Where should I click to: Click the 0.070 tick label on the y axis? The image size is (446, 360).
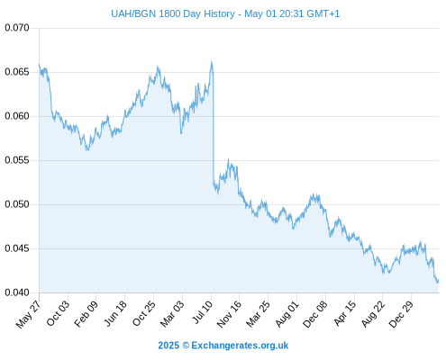[x=17, y=28]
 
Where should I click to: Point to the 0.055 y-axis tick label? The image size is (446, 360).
[x=17, y=160]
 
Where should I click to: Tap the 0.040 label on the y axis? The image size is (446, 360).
[x=17, y=292]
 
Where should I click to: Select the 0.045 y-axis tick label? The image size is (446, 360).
[x=17, y=248]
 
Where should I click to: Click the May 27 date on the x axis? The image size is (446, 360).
[x=28, y=314]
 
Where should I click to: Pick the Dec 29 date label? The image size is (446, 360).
[x=401, y=314]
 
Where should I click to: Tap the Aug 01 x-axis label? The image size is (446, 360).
[x=287, y=314]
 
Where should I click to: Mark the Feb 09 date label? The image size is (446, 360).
[x=86, y=314]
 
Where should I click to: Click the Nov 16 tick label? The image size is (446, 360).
[x=229, y=314]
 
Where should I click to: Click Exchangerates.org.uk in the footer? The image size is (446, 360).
[x=240, y=346]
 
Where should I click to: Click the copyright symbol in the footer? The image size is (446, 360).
[x=186, y=346]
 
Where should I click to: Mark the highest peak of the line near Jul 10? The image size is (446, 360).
[x=212, y=62]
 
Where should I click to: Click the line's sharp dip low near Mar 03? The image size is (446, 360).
[x=181, y=133]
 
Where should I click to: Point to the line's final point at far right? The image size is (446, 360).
[x=438, y=281]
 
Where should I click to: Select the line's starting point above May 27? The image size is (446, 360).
[x=39, y=64]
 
